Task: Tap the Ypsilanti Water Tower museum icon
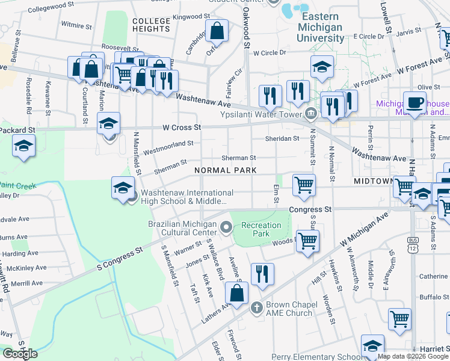[311, 113]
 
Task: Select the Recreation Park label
[261, 229]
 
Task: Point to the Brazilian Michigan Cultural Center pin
[226, 227]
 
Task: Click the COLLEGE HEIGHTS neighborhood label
[151, 25]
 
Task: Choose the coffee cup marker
[415, 102]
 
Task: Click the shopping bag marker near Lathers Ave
[237, 293]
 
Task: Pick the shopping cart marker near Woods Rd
[307, 241]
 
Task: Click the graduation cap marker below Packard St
[23, 146]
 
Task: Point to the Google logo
[20, 354]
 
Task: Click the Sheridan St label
[282, 138]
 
